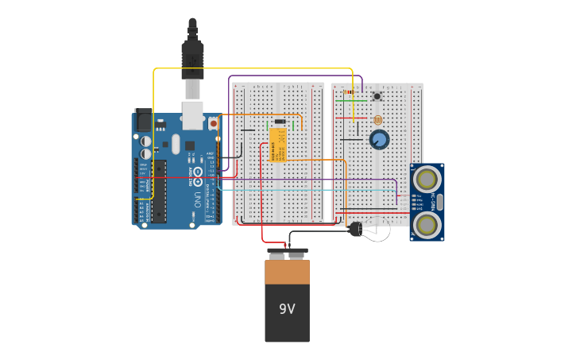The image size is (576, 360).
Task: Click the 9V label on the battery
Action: [287, 309]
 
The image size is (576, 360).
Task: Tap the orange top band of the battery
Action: [287, 273]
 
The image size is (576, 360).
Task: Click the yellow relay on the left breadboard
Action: [278, 145]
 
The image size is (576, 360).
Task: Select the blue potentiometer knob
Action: [379, 140]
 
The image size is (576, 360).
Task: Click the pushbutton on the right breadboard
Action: [377, 97]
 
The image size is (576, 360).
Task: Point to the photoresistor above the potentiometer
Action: [377, 120]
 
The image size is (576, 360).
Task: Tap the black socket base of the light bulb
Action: [355, 230]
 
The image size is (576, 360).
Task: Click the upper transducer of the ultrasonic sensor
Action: [427, 177]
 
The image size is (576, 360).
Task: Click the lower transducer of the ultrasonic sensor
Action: [427, 226]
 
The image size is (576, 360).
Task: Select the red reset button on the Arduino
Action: [213, 124]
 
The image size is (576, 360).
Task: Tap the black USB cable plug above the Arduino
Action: [192, 60]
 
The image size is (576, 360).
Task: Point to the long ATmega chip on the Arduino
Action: [160, 191]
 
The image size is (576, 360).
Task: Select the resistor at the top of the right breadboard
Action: [350, 92]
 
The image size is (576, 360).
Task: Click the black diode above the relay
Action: [280, 121]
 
